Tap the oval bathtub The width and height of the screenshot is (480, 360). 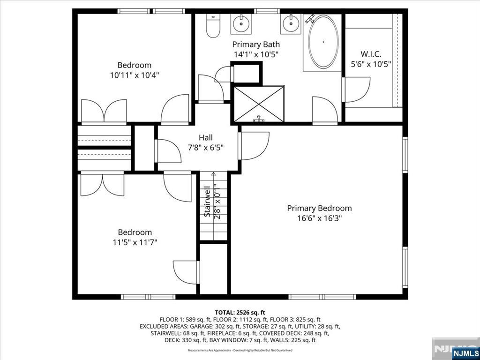click(323, 42)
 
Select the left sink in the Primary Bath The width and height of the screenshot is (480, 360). click(241, 23)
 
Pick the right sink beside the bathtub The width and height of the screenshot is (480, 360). click(291, 23)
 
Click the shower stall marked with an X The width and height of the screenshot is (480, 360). click(259, 104)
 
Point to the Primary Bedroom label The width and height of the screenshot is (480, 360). click(319, 208)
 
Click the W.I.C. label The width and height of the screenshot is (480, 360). click(371, 54)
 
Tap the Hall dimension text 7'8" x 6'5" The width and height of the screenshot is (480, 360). click(206, 148)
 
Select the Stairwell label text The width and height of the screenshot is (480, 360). click(207, 202)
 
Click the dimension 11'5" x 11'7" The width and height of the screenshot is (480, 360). click(135, 242)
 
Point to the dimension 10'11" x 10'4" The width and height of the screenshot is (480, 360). click(135, 75)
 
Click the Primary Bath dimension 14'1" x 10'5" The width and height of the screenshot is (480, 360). click(256, 54)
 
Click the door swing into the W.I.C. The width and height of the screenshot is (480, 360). click(356, 90)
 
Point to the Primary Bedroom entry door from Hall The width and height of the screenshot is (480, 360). click(254, 146)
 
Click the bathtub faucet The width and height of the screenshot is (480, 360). click(310, 19)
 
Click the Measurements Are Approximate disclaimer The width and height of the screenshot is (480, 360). click(240, 350)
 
